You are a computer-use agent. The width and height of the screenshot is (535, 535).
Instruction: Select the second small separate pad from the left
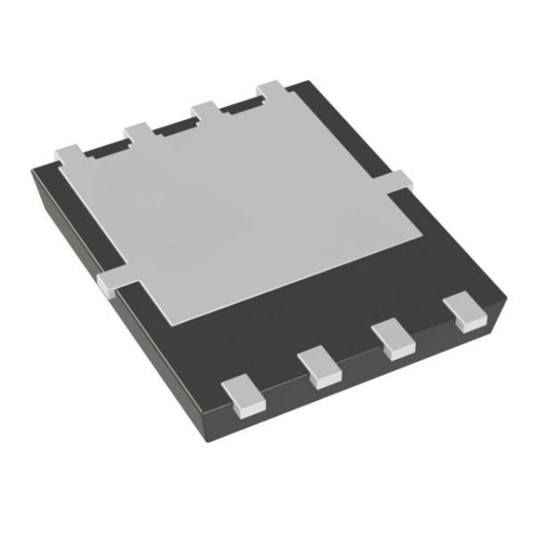click(320, 367)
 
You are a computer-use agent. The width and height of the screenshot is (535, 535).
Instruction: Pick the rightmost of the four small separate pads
click(466, 312)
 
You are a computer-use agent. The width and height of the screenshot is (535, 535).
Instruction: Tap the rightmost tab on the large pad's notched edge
click(272, 91)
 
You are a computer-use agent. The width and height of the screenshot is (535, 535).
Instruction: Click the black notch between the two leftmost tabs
click(105, 148)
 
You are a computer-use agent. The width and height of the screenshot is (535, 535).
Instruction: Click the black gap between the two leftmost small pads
click(282, 379)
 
